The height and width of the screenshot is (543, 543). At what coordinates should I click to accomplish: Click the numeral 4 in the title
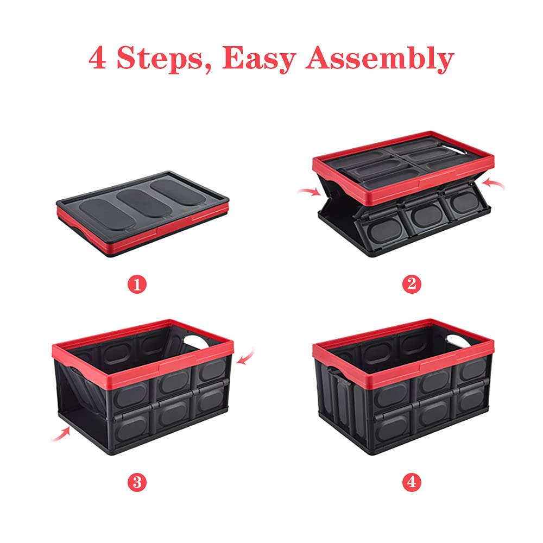pyautogui.click(x=98, y=58)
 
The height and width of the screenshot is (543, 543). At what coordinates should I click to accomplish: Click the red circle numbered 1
pyautogui.click(x=137, y=284)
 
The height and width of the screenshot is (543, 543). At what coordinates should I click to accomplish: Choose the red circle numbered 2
pyautogui.click(x=411, y=283)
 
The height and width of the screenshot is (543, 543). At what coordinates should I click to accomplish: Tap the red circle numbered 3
pyautogui.click(x=137, y=481)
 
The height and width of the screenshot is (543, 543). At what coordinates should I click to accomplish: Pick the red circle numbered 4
pyautogui.click(x=411, y=481)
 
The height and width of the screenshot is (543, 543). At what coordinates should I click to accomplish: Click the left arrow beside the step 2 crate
pyautogui.click(x=308, y=192)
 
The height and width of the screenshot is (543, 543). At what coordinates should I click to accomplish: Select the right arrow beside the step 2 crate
pyautogui.click(x=495, y=185)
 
